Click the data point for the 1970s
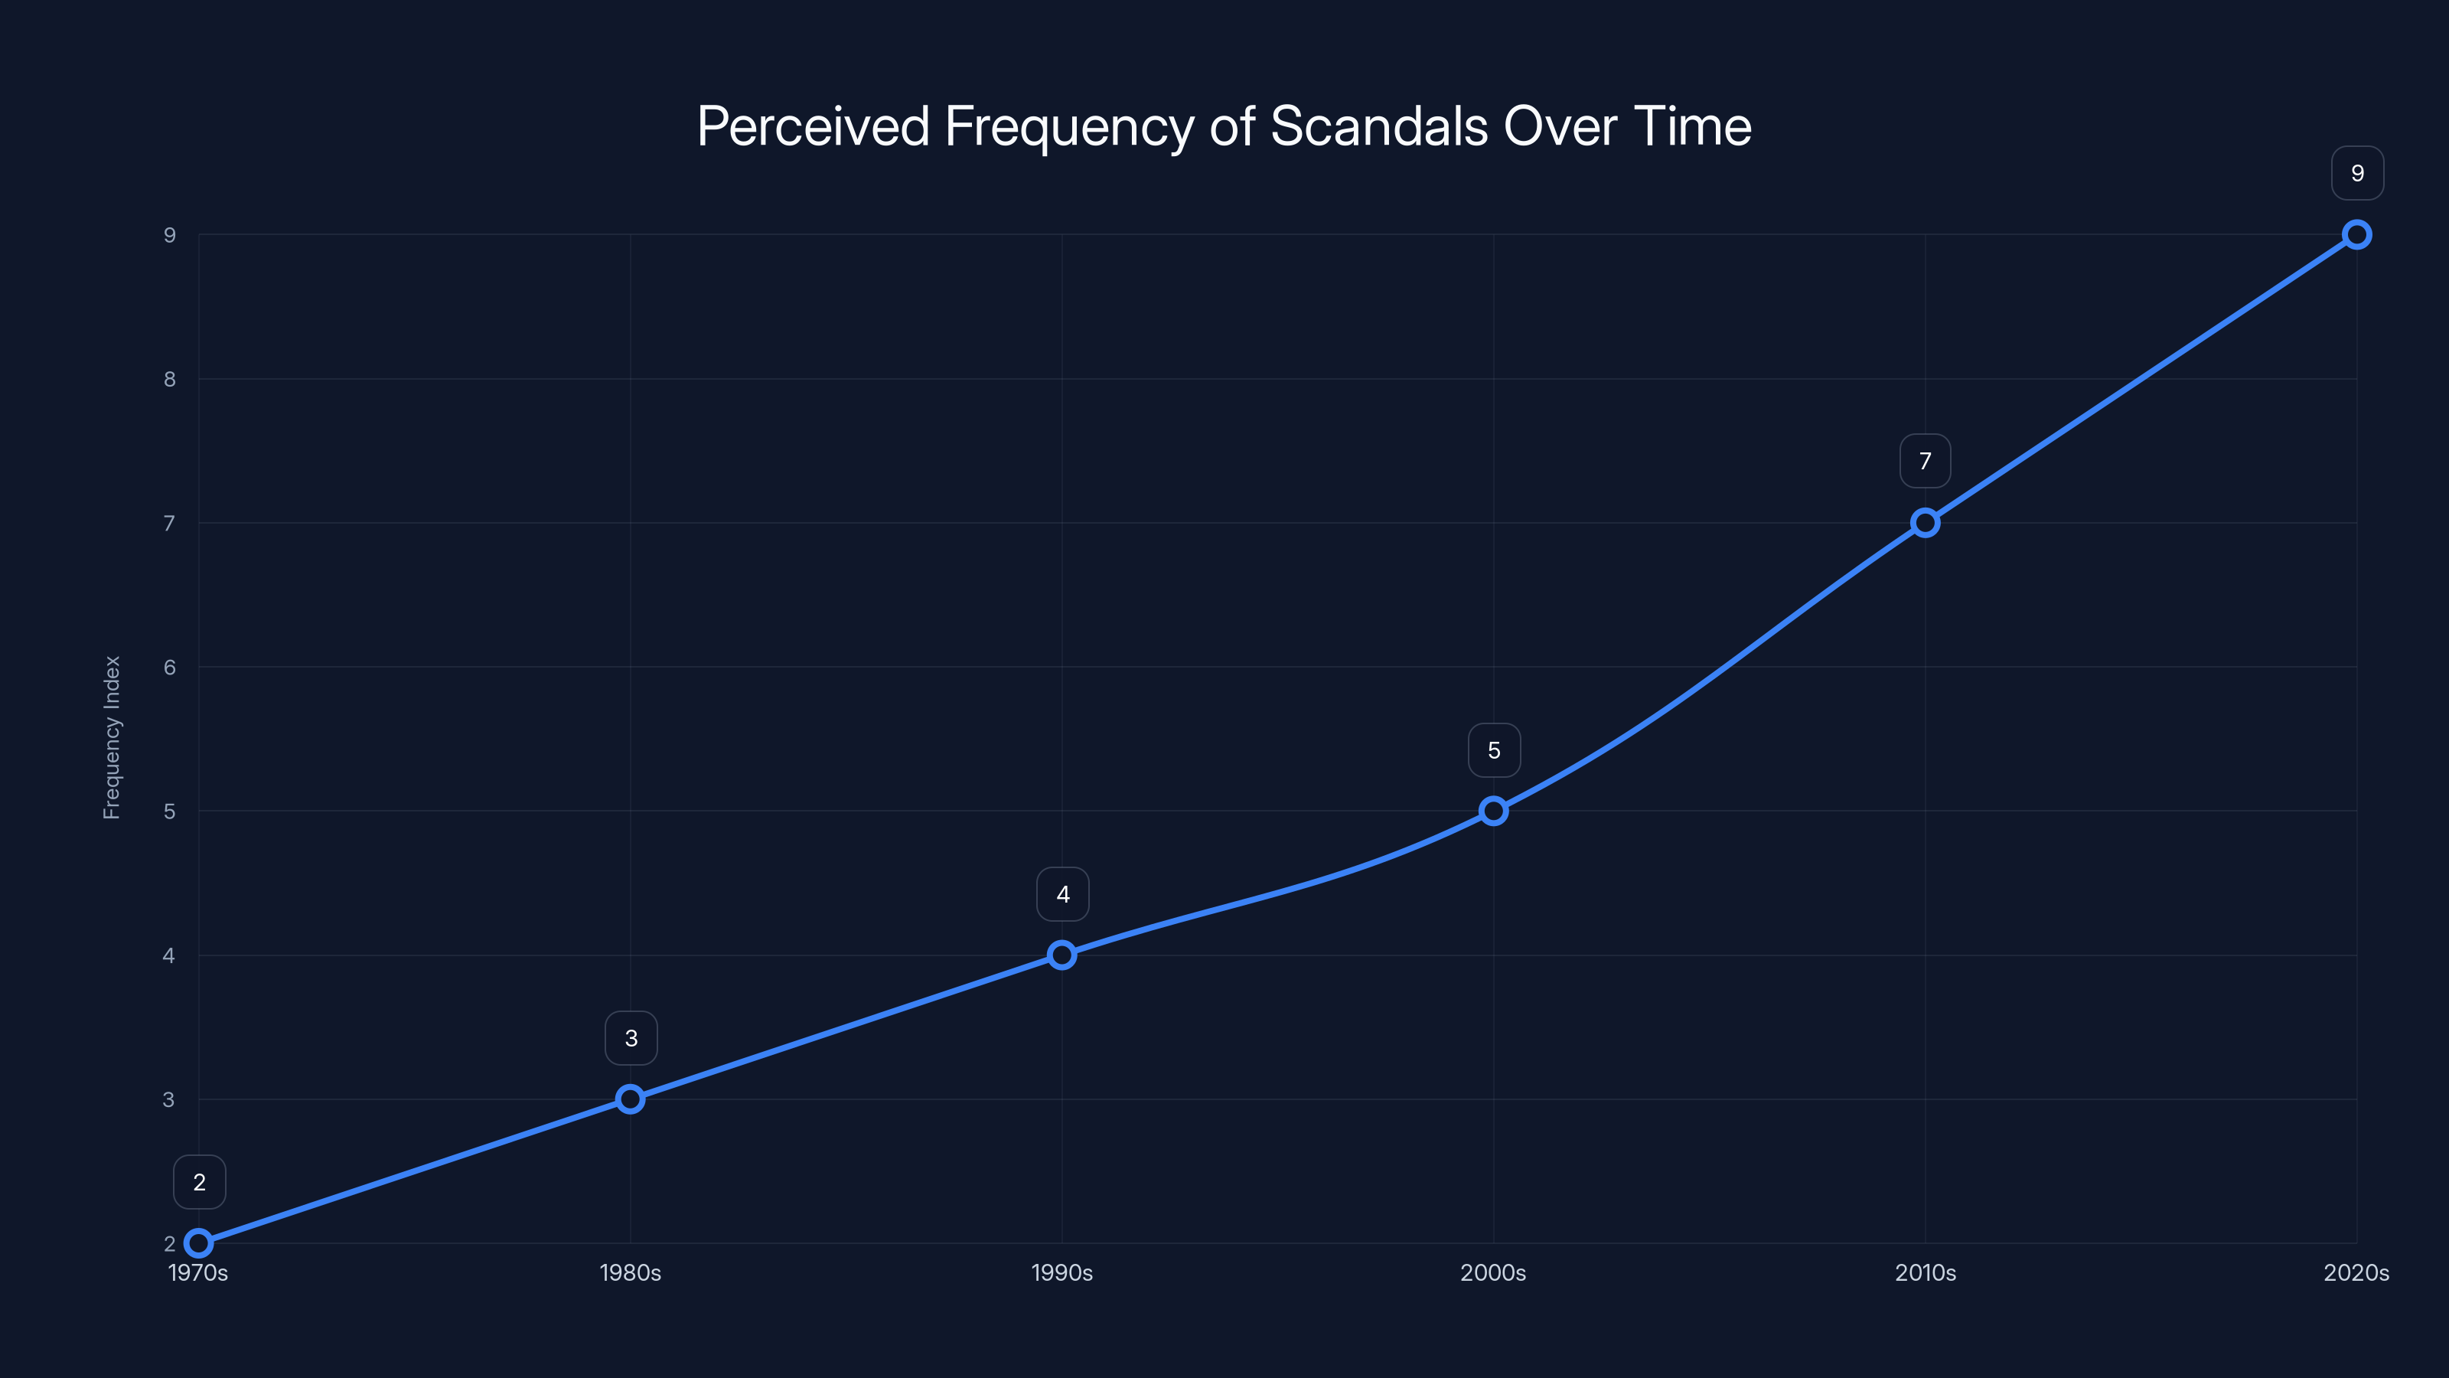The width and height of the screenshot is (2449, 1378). (x=199, y=1243)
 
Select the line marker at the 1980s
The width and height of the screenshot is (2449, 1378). (x=631, y=1099)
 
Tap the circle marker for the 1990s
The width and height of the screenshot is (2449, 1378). (x=1062, y=955)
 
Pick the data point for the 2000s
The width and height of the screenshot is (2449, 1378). (x=1494, y=811)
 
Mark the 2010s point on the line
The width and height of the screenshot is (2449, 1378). (x=1926, y=523)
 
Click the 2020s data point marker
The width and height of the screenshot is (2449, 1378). (x=2357, y=235)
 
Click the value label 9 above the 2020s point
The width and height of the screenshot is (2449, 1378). (x=2357, y=173)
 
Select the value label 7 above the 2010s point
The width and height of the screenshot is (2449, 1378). (x=1926, y=461)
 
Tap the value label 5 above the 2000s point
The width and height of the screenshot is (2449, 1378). (x=1494, y=750)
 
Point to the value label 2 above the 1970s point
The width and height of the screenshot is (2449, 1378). (x=200, y=1182)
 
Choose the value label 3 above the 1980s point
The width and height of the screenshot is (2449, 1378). (x=631, y=1039)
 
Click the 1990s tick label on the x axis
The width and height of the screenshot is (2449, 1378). (x=1062, y=1272)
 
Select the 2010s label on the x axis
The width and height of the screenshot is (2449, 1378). (x=1926, y=1272)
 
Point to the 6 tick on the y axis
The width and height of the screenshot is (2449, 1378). (x=169, y=668)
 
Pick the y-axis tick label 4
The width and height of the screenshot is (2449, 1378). (x=169, y=955)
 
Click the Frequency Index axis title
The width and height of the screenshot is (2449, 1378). (x=113, y=737)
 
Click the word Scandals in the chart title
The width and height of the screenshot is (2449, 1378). (x=1378, y=126)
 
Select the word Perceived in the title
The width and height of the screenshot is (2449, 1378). (x=813, y=126)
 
